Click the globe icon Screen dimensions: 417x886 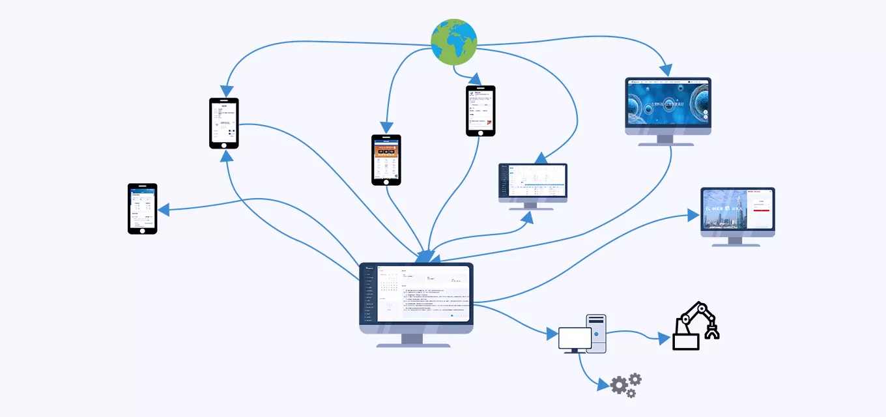coord(454,42)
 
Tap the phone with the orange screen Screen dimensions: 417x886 coord(386,160)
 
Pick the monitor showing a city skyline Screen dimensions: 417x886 coord(737,211)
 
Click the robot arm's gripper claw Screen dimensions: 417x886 coord(711,330)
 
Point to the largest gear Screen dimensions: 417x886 coord(620,386)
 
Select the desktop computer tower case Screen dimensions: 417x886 coord(596,333)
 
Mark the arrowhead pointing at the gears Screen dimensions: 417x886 coord(604,386)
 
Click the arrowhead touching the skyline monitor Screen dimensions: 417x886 coord(693,216)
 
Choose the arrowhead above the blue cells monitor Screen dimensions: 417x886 coord(665,69)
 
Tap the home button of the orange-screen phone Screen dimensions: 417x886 coord(386,180)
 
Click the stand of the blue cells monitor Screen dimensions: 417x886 coord(665,139)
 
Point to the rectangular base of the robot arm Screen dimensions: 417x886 coord(685,341)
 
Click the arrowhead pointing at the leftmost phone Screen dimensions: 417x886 coord(164,210)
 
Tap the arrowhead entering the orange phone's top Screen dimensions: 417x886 coord(386,128)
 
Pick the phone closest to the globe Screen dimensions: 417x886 coord(481,111)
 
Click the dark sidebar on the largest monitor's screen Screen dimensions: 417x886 coord(369,293)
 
